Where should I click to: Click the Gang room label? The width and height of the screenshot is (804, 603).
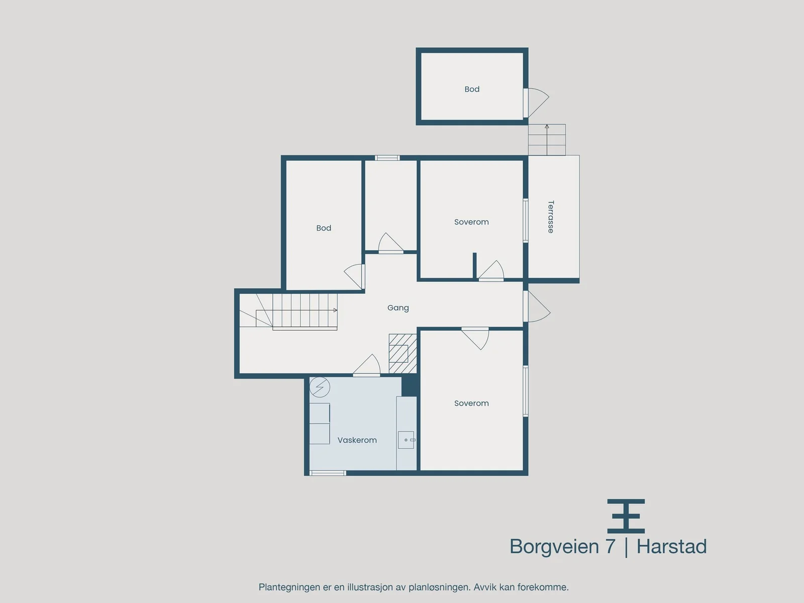(x=398, y=308)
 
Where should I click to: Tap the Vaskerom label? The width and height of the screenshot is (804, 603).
(x=357, y=440)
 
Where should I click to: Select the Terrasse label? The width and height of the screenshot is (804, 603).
(x=551, y=217)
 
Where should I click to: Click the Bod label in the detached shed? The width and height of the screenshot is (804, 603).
(x=472, y=89)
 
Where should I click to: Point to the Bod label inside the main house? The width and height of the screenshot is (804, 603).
(x=324, y=228)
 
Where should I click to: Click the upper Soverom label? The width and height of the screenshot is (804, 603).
(x=471, y=222)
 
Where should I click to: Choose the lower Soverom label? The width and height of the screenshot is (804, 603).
(x=471, y=403)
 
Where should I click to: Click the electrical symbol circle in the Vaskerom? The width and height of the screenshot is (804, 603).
(x=320, y=387)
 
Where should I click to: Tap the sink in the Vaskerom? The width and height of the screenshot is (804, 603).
(x=406, y=440)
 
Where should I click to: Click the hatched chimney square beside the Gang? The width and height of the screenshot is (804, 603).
(x=403, y=353)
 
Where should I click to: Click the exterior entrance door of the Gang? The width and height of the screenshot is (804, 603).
(x=537, y=307)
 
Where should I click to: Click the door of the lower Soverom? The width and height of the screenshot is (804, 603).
(x=475, y=338)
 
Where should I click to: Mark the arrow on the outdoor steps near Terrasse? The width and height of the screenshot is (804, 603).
(x=547, y=140)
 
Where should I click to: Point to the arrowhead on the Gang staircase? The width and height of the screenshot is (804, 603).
(x=335, y=311)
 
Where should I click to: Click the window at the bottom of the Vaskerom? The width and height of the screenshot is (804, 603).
(x=328, y=473)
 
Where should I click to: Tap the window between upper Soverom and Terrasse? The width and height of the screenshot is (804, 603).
(x=526, y=221)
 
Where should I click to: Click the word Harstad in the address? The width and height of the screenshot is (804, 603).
(x=672, y=547)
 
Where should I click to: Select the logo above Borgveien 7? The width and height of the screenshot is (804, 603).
(x=626, y=516)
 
